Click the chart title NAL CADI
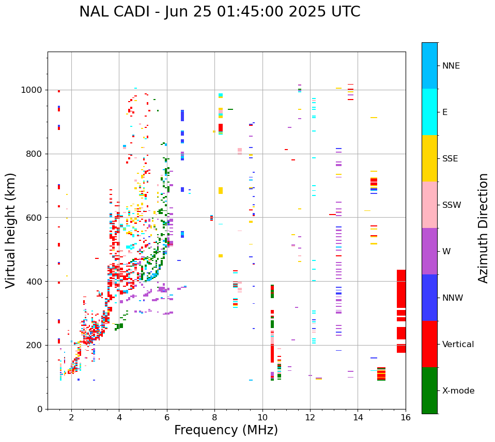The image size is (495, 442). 220,12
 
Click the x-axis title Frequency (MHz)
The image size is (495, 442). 226,430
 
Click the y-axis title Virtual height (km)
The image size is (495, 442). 11,230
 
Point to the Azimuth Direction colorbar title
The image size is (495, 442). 483,228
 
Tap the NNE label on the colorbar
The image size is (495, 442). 451,66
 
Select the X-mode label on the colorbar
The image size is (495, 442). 458,391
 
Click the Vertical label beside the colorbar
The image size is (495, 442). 458,345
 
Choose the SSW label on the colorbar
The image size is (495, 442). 452,205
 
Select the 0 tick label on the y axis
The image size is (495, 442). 40,409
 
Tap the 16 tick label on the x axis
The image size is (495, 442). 405,418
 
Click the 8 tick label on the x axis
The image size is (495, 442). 214,418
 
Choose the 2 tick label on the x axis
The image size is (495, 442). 71,418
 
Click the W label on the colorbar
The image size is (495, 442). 446,252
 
